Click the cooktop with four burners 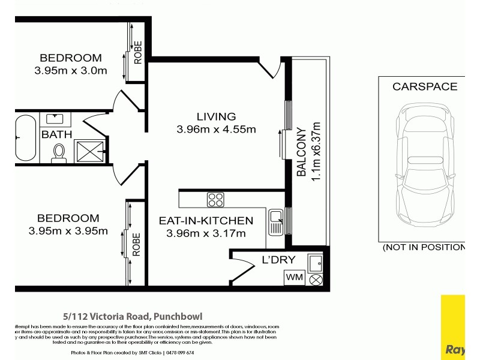click(x=215, y=199)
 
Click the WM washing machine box click(x=294, y=278)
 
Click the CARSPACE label click(x=424, y=86)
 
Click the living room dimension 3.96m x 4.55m click(x=216, y=130)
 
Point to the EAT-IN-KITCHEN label click(x=206, y=221)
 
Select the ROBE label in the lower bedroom click(x=137, y=245)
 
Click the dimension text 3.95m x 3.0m click(x=71, y=71)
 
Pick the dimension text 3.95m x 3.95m click(x=68, y=231)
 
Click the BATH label click(x=56, y=135)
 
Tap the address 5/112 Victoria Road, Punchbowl click(x=133, y=316)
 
